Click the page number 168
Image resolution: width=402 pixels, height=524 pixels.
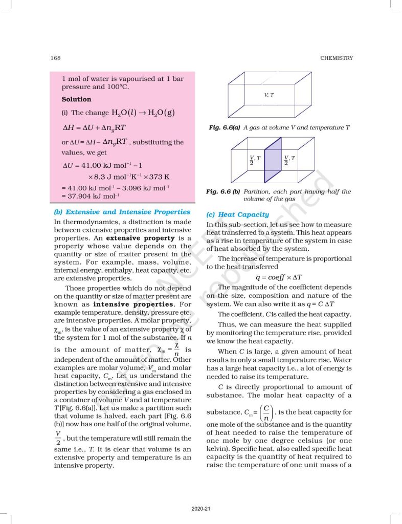(56, 58)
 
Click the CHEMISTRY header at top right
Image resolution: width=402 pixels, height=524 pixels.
(336, 58)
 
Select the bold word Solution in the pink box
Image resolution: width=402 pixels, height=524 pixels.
(76, 99)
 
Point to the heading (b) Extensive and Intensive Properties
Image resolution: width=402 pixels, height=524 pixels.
(122, 212)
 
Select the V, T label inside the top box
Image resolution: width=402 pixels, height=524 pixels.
(269, 95)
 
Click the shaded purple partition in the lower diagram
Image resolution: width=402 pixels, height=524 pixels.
(273, 160)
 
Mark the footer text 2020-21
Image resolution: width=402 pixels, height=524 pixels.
(200, 509)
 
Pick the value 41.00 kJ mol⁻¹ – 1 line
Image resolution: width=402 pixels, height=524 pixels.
(101, 166)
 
